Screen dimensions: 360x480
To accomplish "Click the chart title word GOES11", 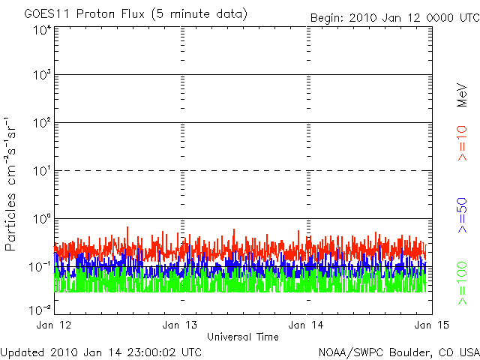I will (46, 14).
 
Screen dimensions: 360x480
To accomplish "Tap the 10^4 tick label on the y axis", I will (39, 30).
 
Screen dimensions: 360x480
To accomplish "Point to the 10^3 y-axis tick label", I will (39, 76).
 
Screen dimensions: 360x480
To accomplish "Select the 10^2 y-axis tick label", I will (39, 124).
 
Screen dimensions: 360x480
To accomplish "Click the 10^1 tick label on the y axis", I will (39, 172).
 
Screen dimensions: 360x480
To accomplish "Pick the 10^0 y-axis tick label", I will (39, 220).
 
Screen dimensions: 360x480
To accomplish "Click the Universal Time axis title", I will (242, 337).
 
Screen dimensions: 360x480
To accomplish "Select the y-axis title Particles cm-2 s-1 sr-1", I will (13, 183).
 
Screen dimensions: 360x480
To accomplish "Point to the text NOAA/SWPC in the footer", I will (346, 351).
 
